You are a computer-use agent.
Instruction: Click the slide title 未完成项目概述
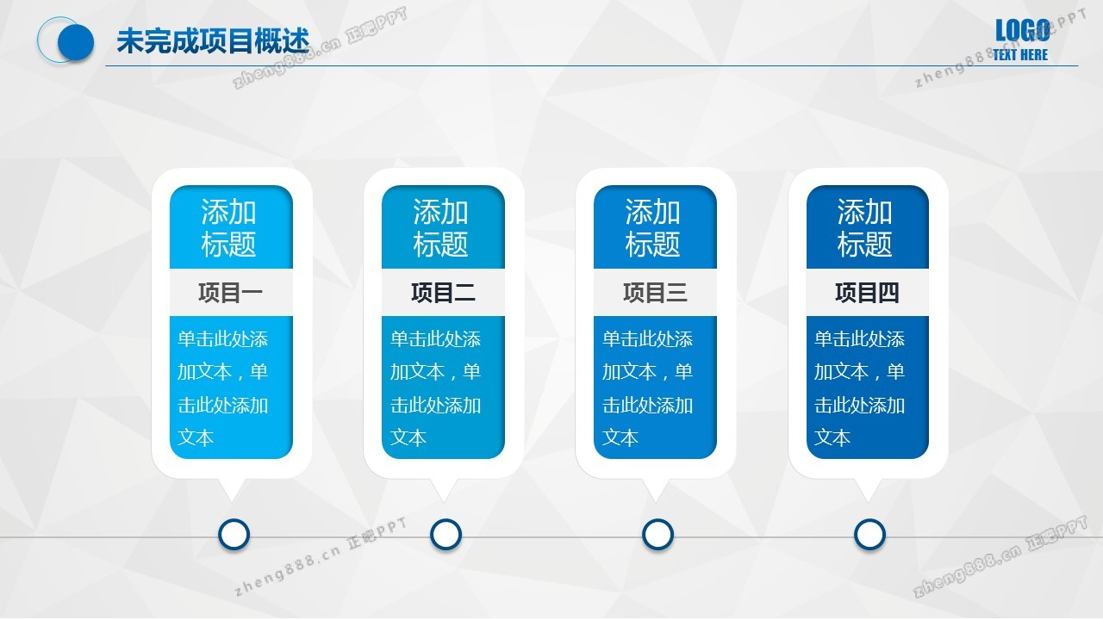[x=213, y=40]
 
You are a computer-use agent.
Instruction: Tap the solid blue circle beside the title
[x=76, y=42]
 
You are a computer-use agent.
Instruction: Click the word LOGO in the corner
[x=1022, y=30]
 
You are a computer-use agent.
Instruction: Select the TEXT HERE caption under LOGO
[x=1020, y=54]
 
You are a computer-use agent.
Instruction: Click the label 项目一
[x=230, y=293]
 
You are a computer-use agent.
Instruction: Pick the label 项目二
[x=443, y=293]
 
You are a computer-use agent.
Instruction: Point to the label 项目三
[x=655, y=293]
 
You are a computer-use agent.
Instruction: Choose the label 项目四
[x=867, y=293]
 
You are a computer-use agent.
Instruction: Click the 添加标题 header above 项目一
[x=228, y=228]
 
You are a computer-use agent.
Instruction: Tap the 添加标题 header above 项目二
[x=440, y=228]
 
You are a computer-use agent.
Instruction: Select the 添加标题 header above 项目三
[x=653, y=228]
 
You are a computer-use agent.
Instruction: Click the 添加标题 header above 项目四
[x=865, y=228]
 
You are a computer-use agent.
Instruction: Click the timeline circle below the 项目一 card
[x=234, y=535]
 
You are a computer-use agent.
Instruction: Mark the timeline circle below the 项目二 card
[x=446, y=535]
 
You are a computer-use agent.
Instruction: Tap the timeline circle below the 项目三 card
[x=657, y=535]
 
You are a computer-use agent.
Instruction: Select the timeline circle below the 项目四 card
[x=869, y=535]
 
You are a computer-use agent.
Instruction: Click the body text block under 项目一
[x=222, y=388]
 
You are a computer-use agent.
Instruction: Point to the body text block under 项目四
[x=859, y=388]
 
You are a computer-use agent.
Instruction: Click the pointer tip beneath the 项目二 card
[x=444, y=502]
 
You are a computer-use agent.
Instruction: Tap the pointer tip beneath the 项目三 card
[x=656, y=502]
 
